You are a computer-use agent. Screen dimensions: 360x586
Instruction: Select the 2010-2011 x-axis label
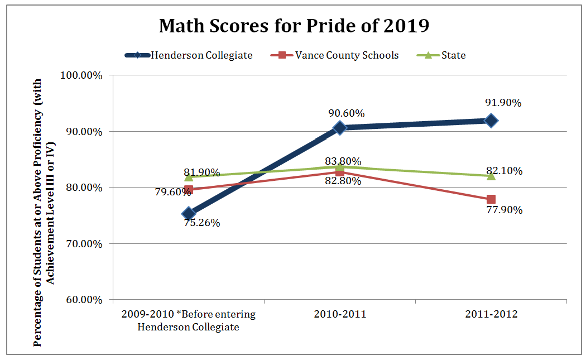pyautogui.click(x=340, y=314)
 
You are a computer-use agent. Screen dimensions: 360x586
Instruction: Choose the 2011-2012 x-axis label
pyautogui.click(x=491, y=314)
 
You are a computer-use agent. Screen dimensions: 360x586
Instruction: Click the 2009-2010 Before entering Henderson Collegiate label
pyautogui.click(x=188, y=320)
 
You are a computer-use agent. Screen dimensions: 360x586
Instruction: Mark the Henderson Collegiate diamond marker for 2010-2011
pyautogui.click(x=340, y=127)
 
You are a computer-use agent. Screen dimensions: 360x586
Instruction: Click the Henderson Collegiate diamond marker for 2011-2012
pyautogui.click(x=491, y=120)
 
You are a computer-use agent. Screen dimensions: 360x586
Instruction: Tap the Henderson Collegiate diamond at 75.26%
pyautogui.click(x=189, y=213)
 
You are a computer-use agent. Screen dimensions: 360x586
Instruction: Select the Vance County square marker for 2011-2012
pyautogui.click(x=491, y=199)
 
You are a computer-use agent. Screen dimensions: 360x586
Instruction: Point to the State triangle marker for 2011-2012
pyautogui.click(x=491, y=175)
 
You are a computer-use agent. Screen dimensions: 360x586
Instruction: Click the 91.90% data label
pyautogui.click(x=503, y=103)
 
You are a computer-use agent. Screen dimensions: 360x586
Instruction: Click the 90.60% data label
pyautogui.click(x=347, y=113)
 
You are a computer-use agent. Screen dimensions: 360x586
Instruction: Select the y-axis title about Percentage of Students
pyautogui.click(x=44, y=212)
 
